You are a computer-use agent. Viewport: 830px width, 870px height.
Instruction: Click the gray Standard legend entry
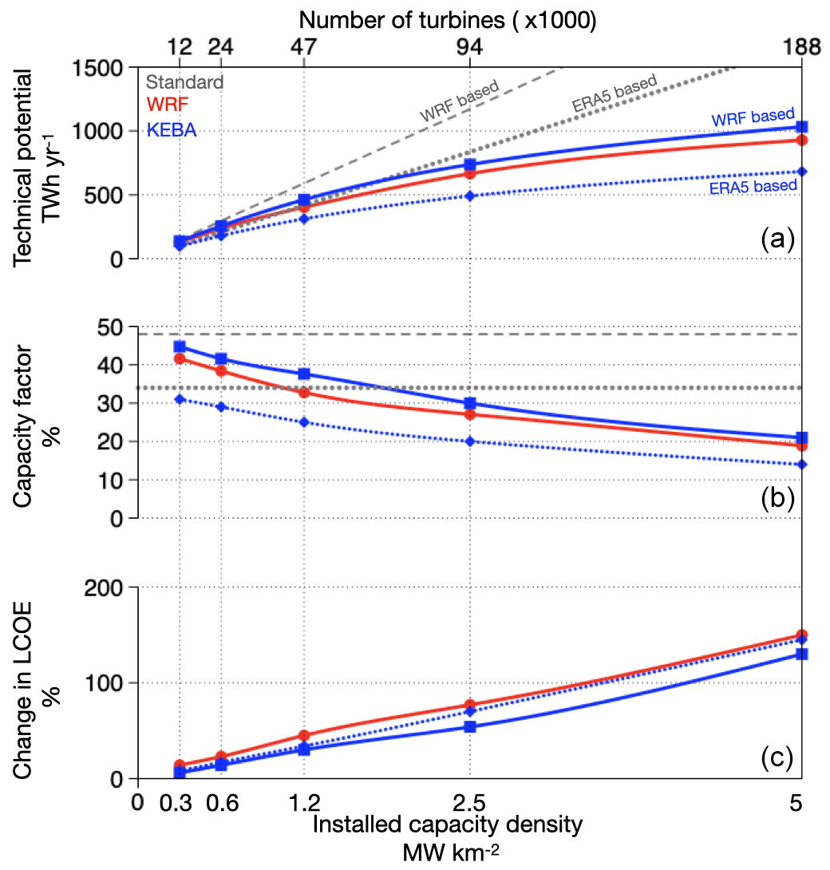[x=184, y=81]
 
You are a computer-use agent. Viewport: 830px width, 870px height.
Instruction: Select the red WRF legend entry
[x=170, y=105]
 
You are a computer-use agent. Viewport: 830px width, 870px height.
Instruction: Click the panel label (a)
[x=777, y=237]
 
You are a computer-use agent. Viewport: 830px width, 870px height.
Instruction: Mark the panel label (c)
[x=777, y=757]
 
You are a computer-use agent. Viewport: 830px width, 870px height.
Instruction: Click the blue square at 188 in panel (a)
[x=802, y=127]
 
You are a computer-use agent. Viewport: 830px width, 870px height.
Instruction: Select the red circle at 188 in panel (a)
[x=802, y=140]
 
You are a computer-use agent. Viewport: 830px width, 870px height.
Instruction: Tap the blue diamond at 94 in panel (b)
[x=470, y=441]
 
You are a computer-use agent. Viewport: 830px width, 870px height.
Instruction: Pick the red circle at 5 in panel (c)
[x=802, y=635]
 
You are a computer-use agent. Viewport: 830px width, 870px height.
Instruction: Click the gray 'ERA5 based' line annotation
[x=614, y=93]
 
